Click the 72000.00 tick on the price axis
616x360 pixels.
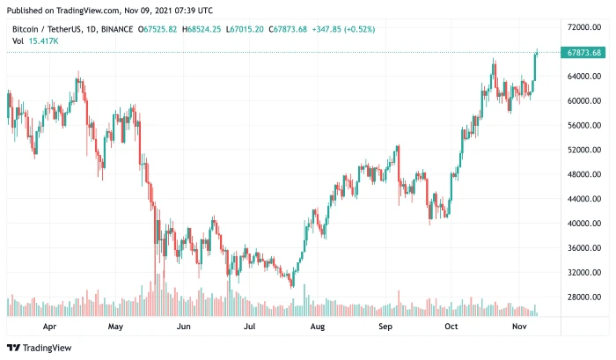583,27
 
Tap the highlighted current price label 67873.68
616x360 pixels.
584,53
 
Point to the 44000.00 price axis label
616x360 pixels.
583,199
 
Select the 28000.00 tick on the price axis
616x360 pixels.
583,298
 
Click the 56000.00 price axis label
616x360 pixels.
583,126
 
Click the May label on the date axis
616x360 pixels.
114,326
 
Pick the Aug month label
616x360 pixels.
318,326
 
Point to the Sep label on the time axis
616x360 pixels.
385,326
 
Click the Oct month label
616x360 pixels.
451,326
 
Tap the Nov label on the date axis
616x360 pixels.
520,326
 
